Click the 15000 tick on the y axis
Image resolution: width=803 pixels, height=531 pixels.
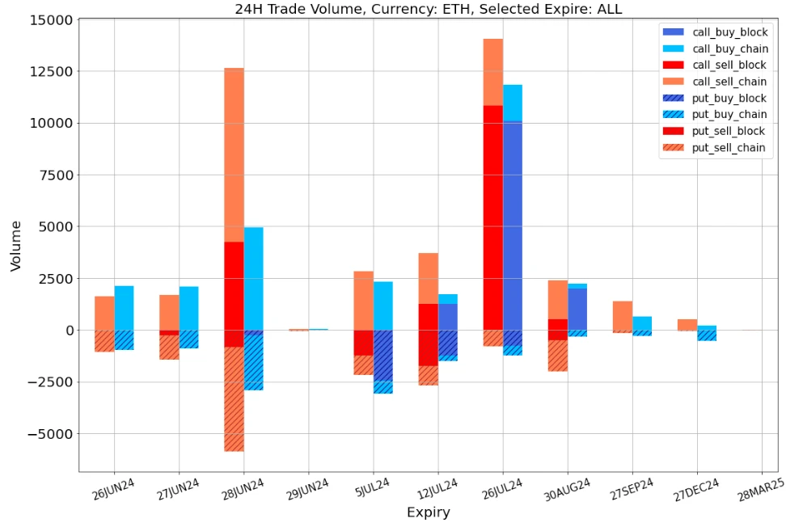pos(50,19)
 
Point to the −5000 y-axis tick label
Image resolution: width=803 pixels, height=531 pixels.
pos(47,434)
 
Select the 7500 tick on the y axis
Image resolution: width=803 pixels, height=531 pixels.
pos(53,175)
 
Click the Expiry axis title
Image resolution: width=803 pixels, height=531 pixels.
pos(428,512)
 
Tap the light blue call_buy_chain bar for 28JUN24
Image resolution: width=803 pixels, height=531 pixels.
pos(253,278)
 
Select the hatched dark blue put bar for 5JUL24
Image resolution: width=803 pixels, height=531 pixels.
pos(382,356)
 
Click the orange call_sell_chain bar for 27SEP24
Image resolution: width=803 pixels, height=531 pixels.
pos(622,315)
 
